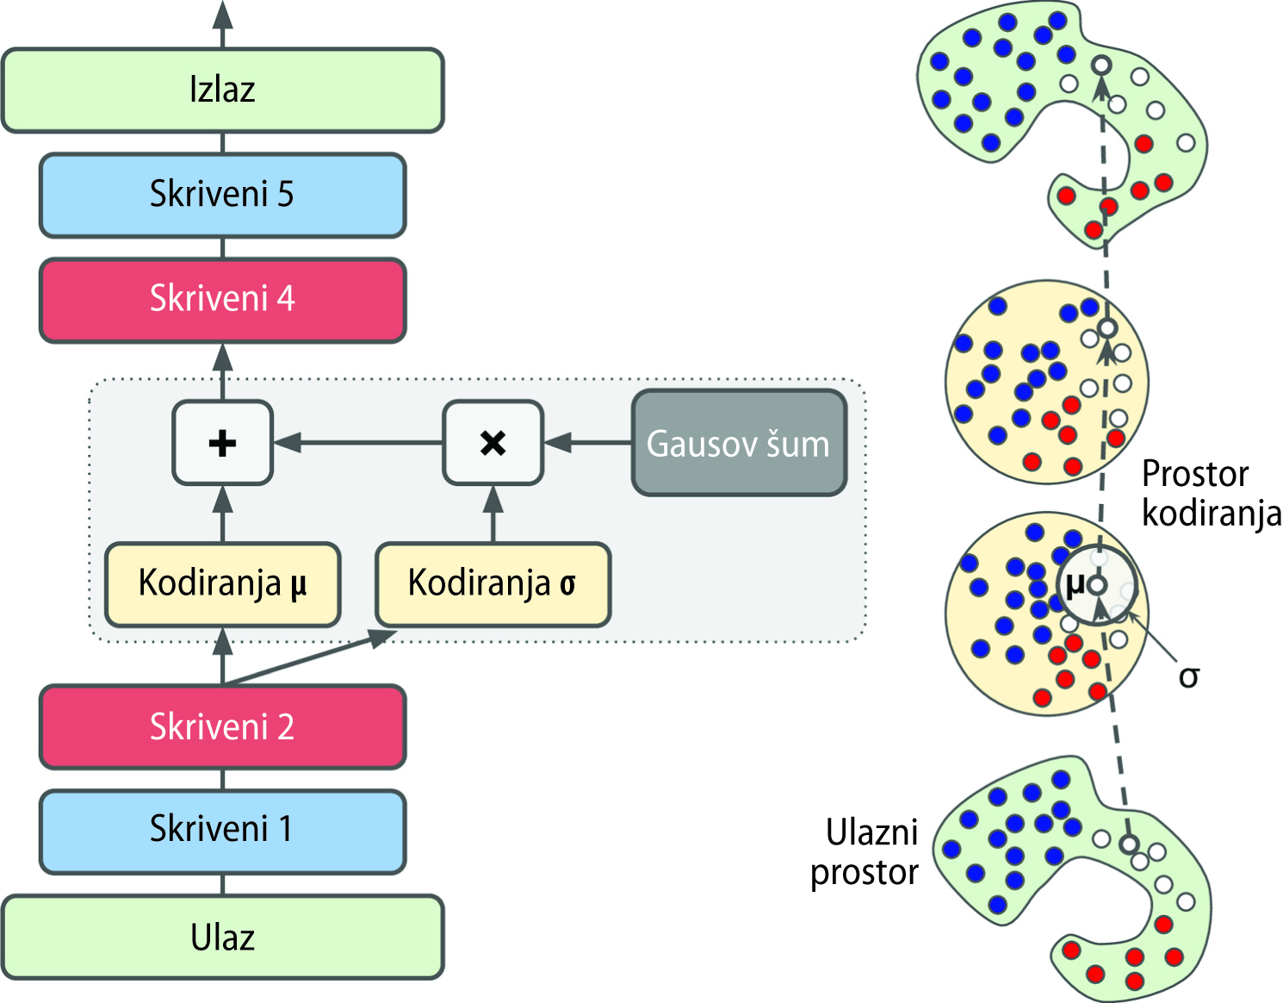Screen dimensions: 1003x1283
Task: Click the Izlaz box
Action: coord(222,90)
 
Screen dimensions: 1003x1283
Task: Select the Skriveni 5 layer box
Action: coord(222,195)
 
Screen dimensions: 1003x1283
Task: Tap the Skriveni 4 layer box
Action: coord(222,299)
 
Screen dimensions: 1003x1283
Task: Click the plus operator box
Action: coord(222,443)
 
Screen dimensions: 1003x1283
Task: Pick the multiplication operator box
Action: coord(493,443)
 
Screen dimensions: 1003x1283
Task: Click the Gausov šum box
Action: coord(739,444)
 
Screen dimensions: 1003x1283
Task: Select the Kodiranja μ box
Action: coord(222,583)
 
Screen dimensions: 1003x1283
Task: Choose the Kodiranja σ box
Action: coord(493,583)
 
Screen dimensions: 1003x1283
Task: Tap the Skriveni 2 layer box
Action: coord(222,727)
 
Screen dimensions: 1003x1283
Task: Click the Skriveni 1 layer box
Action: coord(222,830)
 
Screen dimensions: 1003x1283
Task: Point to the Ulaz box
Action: coord(222,938)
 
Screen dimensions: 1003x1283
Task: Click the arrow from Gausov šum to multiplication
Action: coord(589,443)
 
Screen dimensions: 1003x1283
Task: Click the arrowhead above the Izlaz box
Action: coord(223,16)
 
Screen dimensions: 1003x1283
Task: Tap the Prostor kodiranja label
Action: coord(1211,494)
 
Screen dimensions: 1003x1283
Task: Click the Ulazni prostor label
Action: coord(865,853)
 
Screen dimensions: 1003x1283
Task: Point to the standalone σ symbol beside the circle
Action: coord(1189,677)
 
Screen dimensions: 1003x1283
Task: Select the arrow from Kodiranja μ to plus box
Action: coord(223,514)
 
